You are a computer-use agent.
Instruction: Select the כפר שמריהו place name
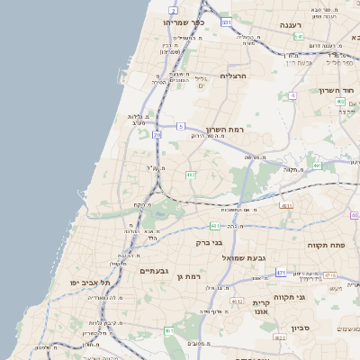[x=184, y=22]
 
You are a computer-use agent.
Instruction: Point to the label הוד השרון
[x=338, y=91]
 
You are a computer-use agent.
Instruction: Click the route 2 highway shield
[x=172, y=10]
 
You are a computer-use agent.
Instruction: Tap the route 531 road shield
[x=226, y=22]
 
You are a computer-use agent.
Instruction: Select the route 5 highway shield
[x=180, y=126]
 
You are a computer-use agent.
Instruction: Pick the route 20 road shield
[x=157, y=135]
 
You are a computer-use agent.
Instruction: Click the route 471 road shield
[x=282, y=272]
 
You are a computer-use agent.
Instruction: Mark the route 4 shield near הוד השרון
[x=292, y=94]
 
